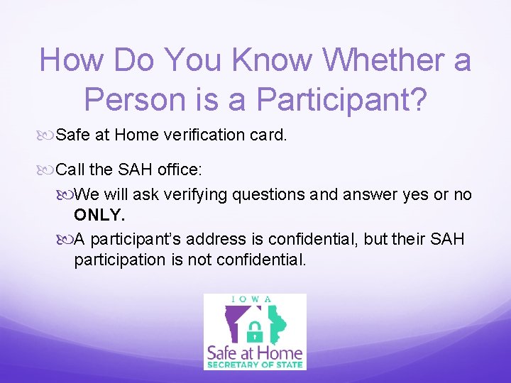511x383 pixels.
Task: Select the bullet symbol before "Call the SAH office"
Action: (47, 170)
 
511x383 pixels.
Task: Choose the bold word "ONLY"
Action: (99, 215)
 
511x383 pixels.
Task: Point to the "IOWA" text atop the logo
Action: (255, 299)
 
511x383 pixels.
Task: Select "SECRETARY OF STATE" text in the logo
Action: (255, 365)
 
